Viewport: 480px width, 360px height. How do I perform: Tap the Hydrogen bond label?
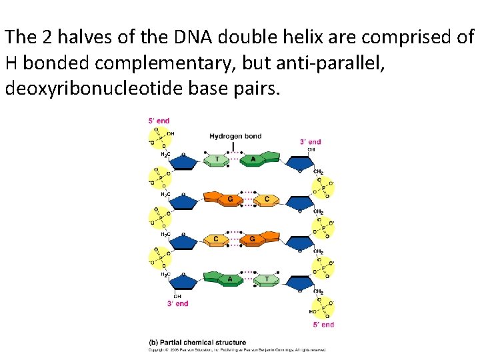(x=235, y=137)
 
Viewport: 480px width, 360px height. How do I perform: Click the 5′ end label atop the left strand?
(x=159, y=121)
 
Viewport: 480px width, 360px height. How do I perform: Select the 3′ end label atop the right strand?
(x=310, y=141)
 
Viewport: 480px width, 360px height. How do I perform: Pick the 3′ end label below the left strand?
(x=177, y=303)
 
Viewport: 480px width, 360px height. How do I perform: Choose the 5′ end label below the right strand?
(x=323, y=325)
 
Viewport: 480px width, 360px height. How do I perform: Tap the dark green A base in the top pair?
(x=253, y=159)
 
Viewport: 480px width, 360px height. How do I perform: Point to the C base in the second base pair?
(x=266, y=199)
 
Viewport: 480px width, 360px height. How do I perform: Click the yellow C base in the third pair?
(x=215, y=239)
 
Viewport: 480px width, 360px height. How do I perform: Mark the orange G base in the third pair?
(x=252, y=238)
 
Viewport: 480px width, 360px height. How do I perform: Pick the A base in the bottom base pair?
(x=231, y=279)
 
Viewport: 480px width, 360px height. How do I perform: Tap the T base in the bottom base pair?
(x=267, y=279)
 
